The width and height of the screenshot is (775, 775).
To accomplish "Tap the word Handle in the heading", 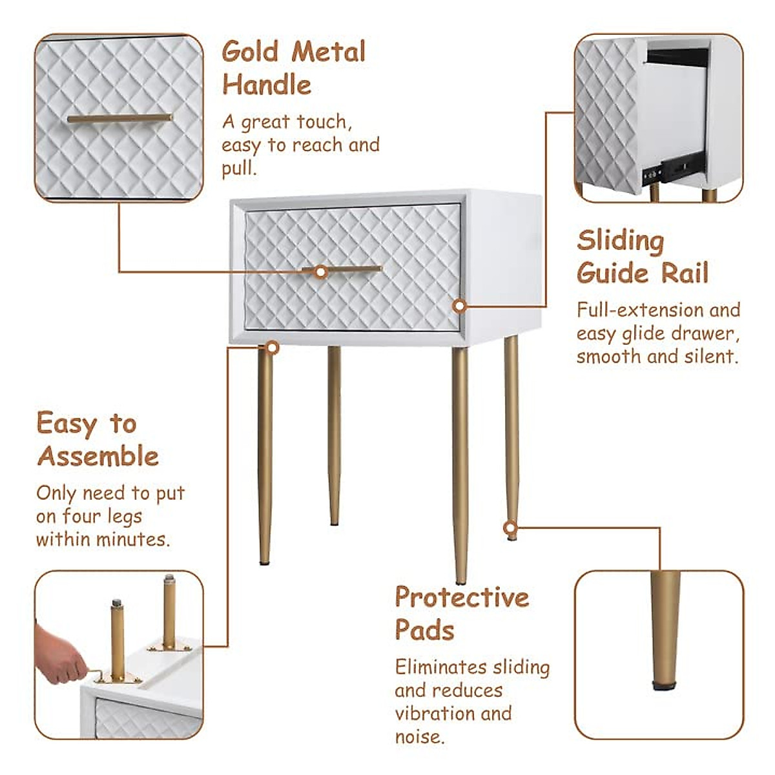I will point(266,85).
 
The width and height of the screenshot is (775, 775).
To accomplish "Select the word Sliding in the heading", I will point(620,242).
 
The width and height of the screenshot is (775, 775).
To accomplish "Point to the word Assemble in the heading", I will point(98,457).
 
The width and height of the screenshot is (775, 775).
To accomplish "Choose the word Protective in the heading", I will point(462,598).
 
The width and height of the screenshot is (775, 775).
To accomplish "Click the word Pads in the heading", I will point(425,630).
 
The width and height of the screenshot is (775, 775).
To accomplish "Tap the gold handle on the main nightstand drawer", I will point(352,269).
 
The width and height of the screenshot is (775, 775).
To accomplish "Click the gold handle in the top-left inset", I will point(119,118).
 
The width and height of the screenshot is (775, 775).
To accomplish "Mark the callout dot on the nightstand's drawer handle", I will point(320,272).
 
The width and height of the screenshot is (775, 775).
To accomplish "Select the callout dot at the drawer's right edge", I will point(459,305).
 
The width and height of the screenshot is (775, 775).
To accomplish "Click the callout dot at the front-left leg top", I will point(273,348).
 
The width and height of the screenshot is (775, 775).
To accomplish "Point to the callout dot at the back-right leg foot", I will point(510,528).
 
